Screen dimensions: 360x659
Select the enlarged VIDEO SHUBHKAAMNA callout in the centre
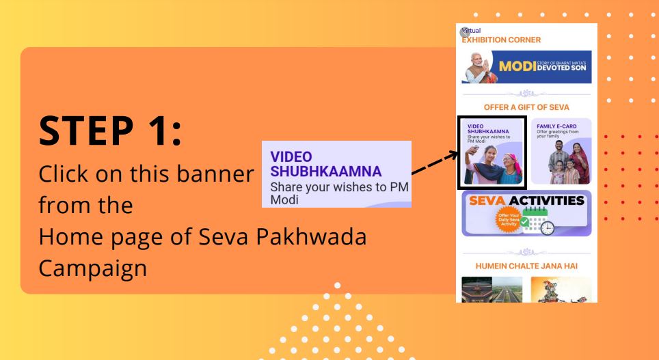click(x=336, y=174)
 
